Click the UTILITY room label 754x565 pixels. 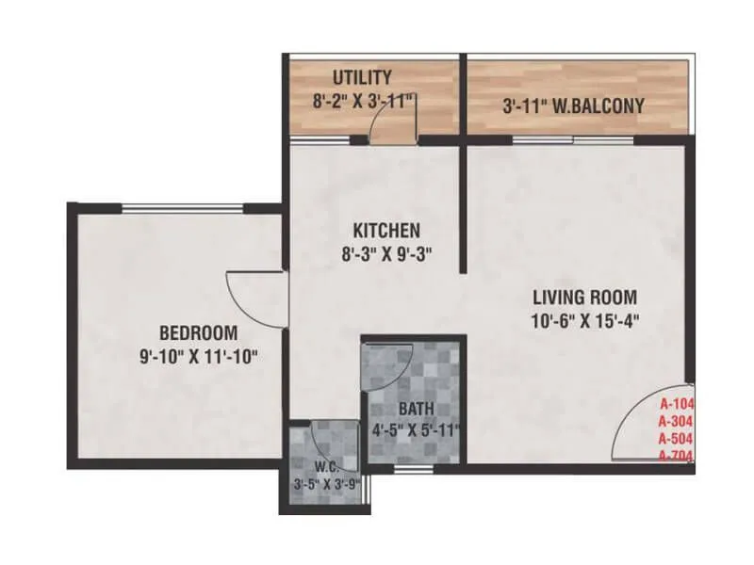pos(362,77)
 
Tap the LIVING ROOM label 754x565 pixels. pos(583,296)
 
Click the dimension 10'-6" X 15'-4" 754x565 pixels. pos(583,318)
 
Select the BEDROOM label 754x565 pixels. pos(198,332)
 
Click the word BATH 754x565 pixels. pos(415,411)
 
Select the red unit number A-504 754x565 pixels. pos(676,439)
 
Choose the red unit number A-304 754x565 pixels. pos(676,421)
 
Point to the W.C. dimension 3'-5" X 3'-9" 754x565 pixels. pos(325,485)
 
